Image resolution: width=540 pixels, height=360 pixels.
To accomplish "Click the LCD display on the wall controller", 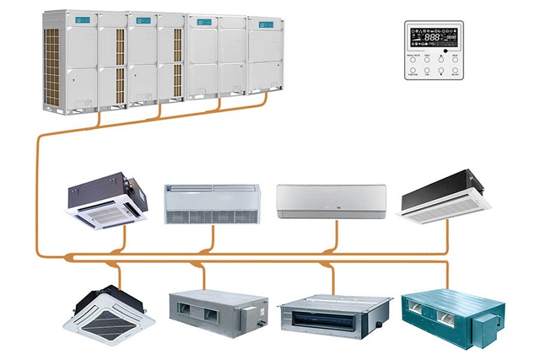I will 431,36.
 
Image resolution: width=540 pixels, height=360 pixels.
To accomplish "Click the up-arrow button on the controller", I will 441,59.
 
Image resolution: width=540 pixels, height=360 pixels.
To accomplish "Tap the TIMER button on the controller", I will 427,59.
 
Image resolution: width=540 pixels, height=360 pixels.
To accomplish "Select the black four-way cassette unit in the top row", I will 107,201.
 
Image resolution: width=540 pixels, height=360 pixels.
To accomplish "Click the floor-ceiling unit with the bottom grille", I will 211,203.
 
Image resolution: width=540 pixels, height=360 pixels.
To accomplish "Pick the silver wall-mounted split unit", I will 331,201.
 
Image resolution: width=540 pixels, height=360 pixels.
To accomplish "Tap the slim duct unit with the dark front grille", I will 335,316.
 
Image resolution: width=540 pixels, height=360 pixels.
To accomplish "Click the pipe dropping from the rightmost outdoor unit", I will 266,99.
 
